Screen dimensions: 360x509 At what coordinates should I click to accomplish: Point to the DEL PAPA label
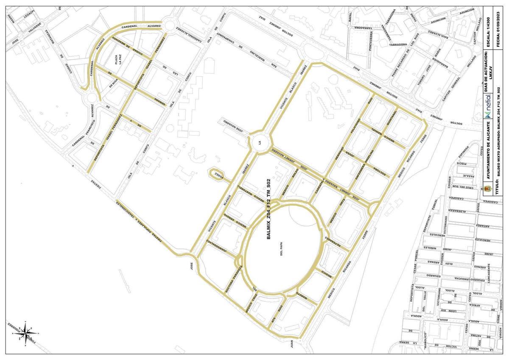(281, 249)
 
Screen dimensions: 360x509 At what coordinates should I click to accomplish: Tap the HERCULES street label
(483, 240)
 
